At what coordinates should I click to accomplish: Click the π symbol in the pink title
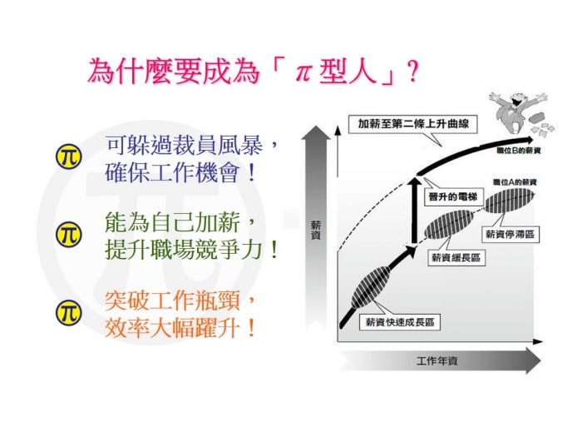point(303,72)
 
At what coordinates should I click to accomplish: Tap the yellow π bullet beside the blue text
point(68,156)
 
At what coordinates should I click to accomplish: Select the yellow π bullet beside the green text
point(68,234)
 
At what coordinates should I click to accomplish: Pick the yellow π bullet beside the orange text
point(68,313)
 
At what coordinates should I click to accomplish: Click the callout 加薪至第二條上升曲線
point(412,124)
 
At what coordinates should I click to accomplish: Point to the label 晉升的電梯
point(453,196)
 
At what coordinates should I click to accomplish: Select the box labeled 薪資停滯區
point(510,235)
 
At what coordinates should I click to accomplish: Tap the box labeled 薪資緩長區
point(456,257)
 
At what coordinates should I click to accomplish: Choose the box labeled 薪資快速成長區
point(400,322)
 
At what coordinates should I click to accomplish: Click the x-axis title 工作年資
point(436,360)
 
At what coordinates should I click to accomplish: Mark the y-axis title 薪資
point(315,231)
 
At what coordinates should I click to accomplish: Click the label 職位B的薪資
point(519,151)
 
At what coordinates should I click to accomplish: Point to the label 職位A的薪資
point(515,182)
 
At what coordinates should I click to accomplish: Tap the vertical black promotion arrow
point(414,211)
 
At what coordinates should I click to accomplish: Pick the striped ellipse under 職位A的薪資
point(510,201)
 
